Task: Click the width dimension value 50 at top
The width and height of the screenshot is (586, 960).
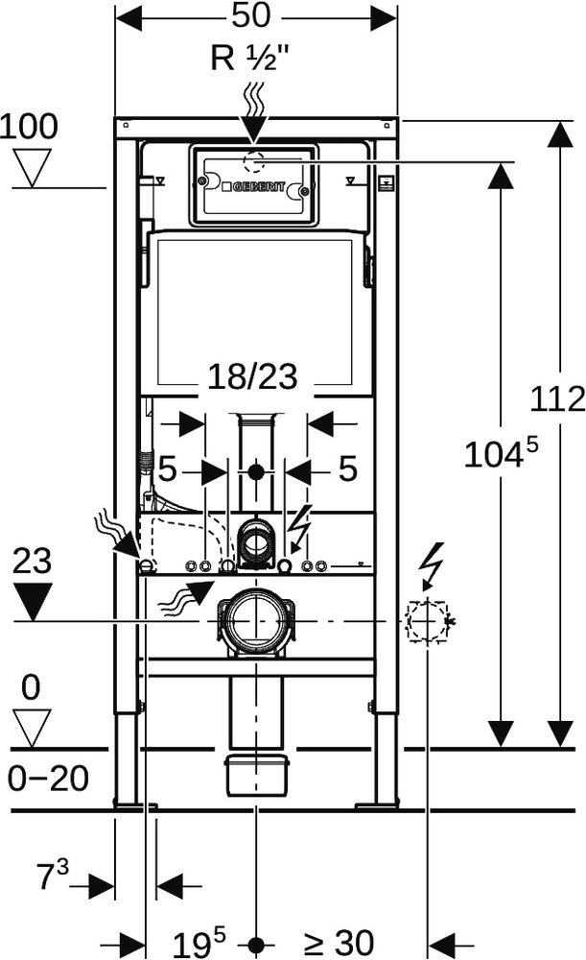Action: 255,16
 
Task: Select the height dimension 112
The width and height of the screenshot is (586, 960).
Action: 560,398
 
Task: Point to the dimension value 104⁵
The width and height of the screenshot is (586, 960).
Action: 500,454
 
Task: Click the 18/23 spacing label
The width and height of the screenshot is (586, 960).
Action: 255,379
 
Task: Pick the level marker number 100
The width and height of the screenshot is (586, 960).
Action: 30,126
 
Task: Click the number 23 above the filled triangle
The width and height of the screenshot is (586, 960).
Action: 32,562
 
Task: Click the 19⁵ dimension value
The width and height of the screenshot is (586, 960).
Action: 203,943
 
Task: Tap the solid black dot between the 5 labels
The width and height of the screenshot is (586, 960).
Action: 255,471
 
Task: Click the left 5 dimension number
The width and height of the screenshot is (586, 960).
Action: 168,470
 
